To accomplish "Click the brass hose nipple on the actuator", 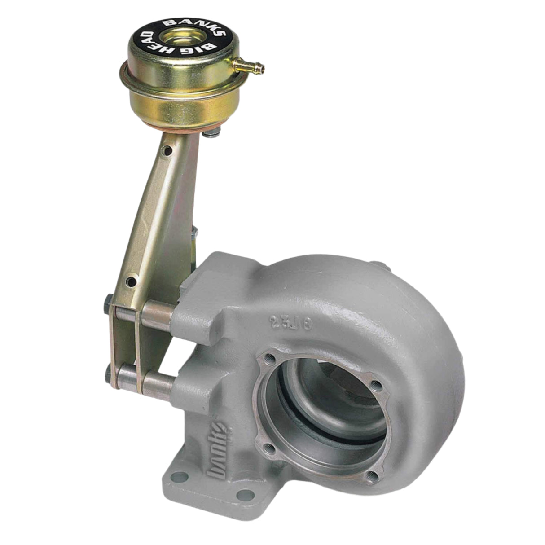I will tap(252, 66).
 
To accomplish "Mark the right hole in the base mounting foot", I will tap(245, 495).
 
